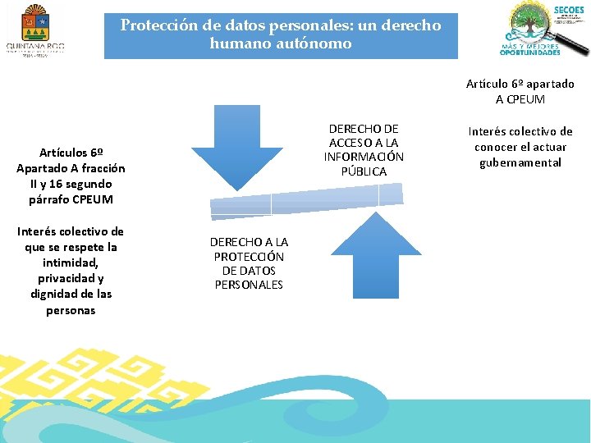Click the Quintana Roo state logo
34,30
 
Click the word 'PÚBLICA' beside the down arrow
364,171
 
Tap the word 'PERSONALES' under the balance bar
249,285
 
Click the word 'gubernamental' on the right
520,162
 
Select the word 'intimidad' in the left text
71,263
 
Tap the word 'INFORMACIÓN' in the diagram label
364,157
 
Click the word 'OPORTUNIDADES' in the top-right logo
531,53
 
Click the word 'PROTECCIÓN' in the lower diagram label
249,256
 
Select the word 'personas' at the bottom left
71,310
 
